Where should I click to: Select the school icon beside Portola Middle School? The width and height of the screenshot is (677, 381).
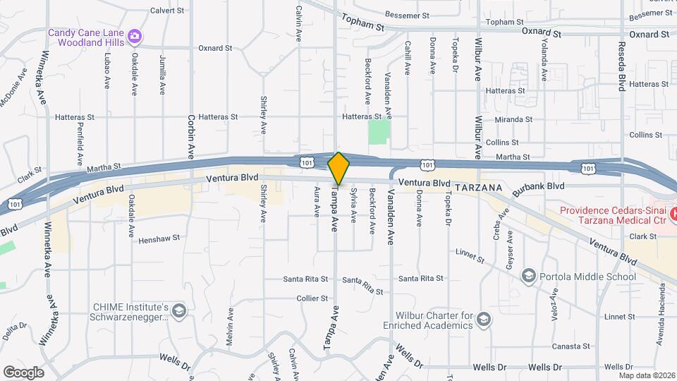pos(528,277)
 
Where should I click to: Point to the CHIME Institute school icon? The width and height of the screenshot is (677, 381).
pos(179,311)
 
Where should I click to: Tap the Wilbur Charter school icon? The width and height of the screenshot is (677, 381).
pos(484,320)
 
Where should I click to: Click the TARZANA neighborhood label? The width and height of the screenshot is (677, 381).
pos(478,188)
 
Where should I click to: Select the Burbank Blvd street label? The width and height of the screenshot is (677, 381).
pos(539,186)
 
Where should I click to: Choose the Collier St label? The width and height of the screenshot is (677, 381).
pos(313,298)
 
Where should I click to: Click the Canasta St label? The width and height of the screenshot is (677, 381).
pos(571,346)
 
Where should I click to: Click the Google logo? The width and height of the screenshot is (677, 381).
pos(24,372)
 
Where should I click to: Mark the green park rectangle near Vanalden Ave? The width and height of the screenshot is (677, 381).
pos(379,131)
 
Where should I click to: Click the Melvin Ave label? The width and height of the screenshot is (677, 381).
pos(230,328)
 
